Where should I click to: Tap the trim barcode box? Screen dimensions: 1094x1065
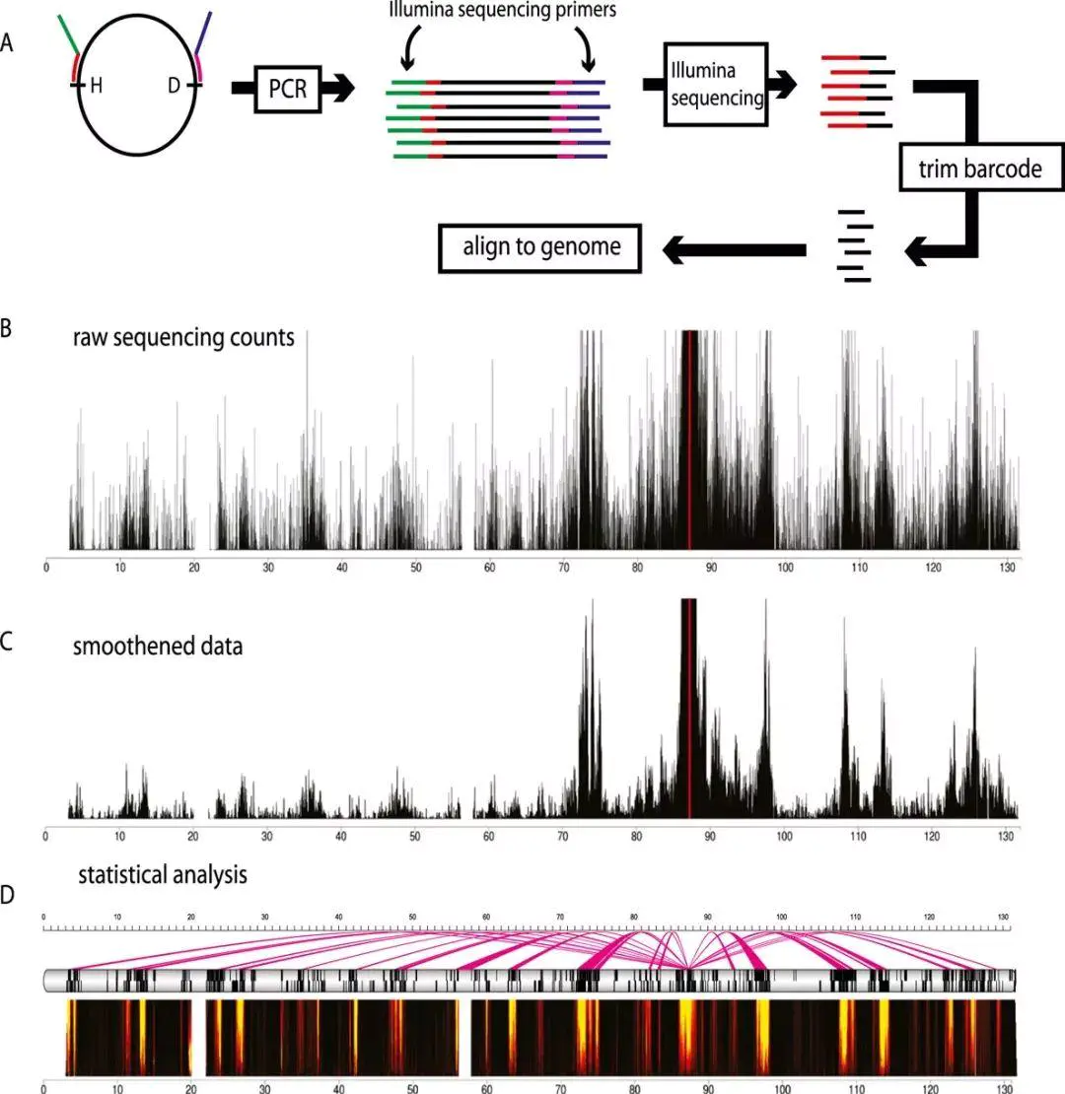click(x=984, y=170)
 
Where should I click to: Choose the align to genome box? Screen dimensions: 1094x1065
click(x=541, y=246)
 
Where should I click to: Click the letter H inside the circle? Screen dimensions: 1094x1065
click(x=97, y=87)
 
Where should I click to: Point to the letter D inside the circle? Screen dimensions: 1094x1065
click(x=175, y=87)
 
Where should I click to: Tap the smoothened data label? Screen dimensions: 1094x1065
click(x=158, y=648)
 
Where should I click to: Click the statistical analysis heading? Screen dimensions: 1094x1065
click(x=163, y=873)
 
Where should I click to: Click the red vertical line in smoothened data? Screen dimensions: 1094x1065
click(x=689, y=710)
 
